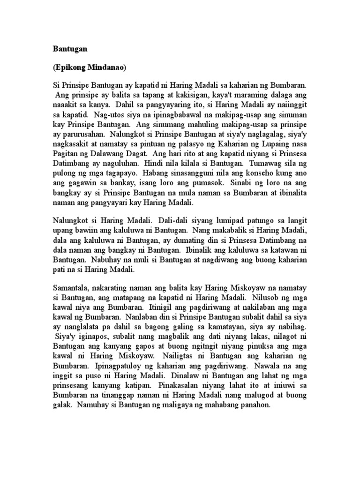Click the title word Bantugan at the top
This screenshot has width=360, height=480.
click(67, 49)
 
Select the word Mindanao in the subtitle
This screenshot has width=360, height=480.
click(106, 67)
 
